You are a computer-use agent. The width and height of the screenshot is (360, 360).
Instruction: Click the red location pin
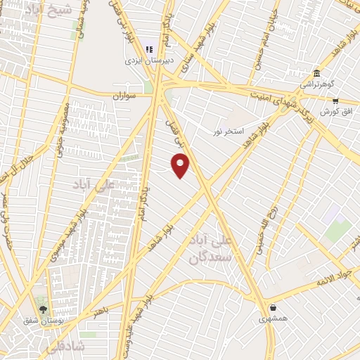click(181, 166)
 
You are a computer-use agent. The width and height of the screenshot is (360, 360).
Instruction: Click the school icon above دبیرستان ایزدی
click(149, 49)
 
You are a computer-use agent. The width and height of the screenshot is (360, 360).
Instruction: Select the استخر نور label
click(229, 131)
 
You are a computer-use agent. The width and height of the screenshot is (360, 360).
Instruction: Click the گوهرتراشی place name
click(316, 84)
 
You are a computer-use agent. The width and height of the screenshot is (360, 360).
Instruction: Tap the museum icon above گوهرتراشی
click(316, 73)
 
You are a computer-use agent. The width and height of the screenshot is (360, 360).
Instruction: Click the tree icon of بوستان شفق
click(43, 309)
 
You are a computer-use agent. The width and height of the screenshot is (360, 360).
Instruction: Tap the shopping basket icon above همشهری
click(273, 307)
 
